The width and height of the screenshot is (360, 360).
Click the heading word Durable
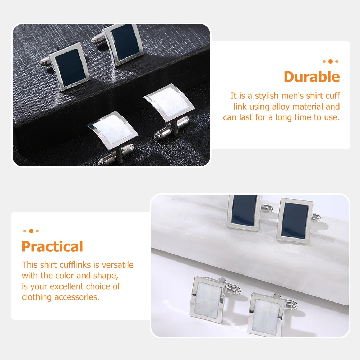tap(311, 77)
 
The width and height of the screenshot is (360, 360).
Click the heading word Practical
tap(52, 247)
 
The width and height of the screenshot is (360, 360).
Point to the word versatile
tap(117, 265)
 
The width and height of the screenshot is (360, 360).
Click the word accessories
tap(77, 297)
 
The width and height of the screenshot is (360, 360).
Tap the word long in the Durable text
tap(283, 117)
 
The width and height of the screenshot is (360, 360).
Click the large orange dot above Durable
tap(330, 61)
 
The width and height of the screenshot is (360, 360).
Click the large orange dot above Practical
tap(31, 231)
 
